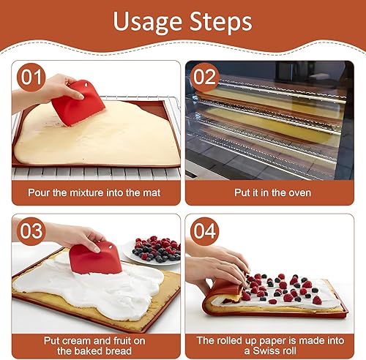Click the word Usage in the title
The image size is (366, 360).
(148, 22)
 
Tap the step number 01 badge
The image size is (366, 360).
(31, 77)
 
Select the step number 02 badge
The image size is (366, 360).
(205, 77)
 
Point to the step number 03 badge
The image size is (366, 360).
(31, 231)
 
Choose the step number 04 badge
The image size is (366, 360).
(205, 231)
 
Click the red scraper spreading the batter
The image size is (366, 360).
(78, 104)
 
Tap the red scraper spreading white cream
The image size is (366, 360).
(95, 258)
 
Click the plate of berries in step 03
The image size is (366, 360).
(152, 250)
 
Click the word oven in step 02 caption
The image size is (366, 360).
(300, 192)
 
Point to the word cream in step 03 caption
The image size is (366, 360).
(75, 341)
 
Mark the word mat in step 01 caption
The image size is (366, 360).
(152, 192)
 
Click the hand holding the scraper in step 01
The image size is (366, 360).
(49, 90)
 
